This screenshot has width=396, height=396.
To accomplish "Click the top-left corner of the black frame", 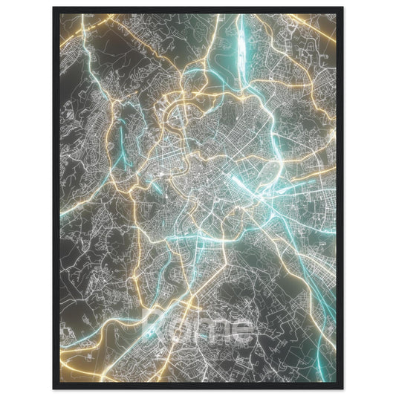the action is coord(54,8).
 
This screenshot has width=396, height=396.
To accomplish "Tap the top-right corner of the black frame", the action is coord(342,8).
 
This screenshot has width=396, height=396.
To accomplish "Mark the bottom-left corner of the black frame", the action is coord(54,388).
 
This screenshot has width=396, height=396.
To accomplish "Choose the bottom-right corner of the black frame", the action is coord(342,388).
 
